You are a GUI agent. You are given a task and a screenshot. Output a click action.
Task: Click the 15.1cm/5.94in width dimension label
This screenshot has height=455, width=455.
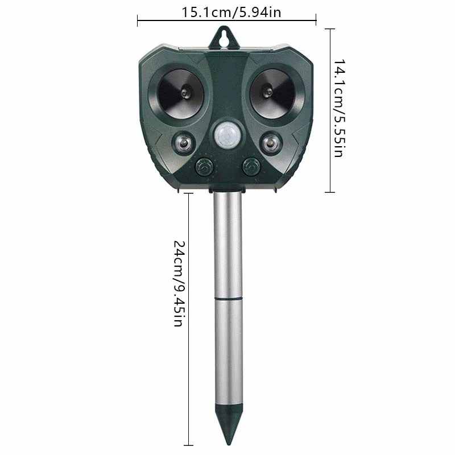[x=231, y=13]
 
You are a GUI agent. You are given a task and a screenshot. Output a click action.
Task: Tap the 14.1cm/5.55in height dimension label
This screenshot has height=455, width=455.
[x=339, y=108]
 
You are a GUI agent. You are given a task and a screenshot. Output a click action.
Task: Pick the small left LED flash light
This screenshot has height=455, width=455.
[x=183, y=143]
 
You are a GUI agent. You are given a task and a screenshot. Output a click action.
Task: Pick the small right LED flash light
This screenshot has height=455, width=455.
[x=271, y=143]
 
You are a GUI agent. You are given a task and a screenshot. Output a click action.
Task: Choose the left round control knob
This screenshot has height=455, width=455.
[x=204, y=167]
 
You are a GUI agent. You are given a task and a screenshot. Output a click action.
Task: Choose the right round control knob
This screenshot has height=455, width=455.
[x=251, y=167]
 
